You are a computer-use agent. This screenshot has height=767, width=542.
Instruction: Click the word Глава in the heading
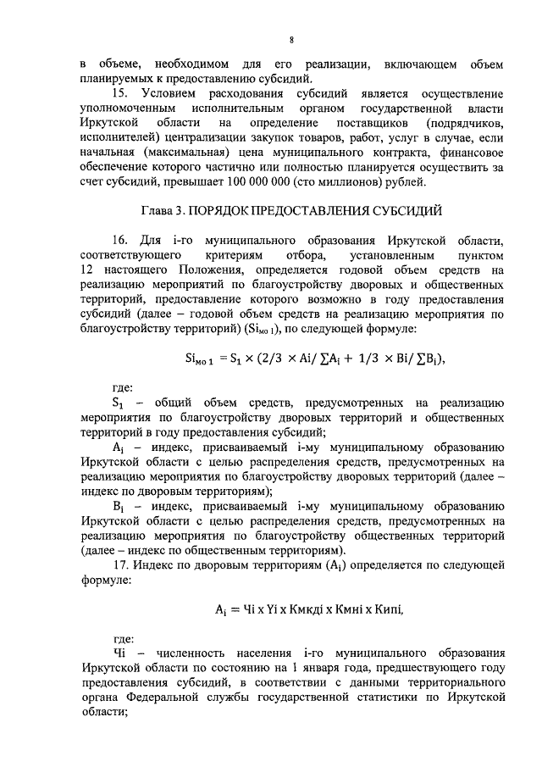tap(158, 209)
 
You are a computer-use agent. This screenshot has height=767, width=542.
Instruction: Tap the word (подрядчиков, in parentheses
tap(461, 124)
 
